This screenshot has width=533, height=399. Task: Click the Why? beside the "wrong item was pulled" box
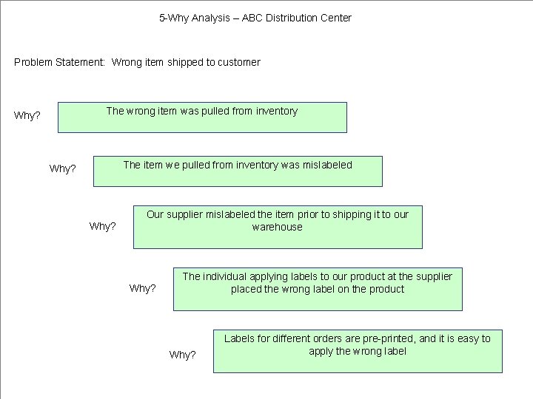27,115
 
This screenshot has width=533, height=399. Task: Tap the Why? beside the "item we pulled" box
63,168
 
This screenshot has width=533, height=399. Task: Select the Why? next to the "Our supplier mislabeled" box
103,226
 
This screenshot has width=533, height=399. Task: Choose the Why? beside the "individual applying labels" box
143,288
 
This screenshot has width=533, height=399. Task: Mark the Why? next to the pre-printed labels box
183,355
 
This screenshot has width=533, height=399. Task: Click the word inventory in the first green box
277,111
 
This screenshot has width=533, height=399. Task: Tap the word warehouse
278,227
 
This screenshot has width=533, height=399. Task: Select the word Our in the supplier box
155,214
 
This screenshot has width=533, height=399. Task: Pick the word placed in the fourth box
246,289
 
